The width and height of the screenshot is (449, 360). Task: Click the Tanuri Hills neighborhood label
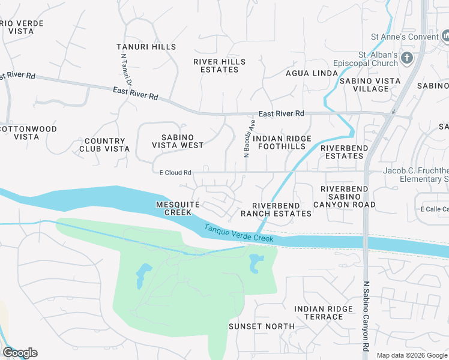pyautogui.click(x=146, y=47)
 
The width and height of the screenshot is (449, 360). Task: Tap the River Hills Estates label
pyautogui.click(x=219, y=65)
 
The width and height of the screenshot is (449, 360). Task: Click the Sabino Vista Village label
pyautogui.click(x=364, y=85)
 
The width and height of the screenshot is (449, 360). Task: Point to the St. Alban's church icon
pyautogui.click(x=407, y=58)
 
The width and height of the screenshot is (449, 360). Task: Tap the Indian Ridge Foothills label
pyautogui.click(x=282, y=142)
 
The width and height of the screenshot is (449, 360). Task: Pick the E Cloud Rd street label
pyautogui.click(x=175, y=173)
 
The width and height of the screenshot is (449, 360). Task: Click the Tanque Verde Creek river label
pyautogui.click(x=238, y=233)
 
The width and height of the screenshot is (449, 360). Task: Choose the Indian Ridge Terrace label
pyautogui.click(x=324, y=313)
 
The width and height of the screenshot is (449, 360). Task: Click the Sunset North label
pyautogui.click(x=262, y=326)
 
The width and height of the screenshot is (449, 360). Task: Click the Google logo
pyautogui.click(x=20, y=353)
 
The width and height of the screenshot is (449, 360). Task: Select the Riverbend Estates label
pyautogui.click(x=342, y=152)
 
